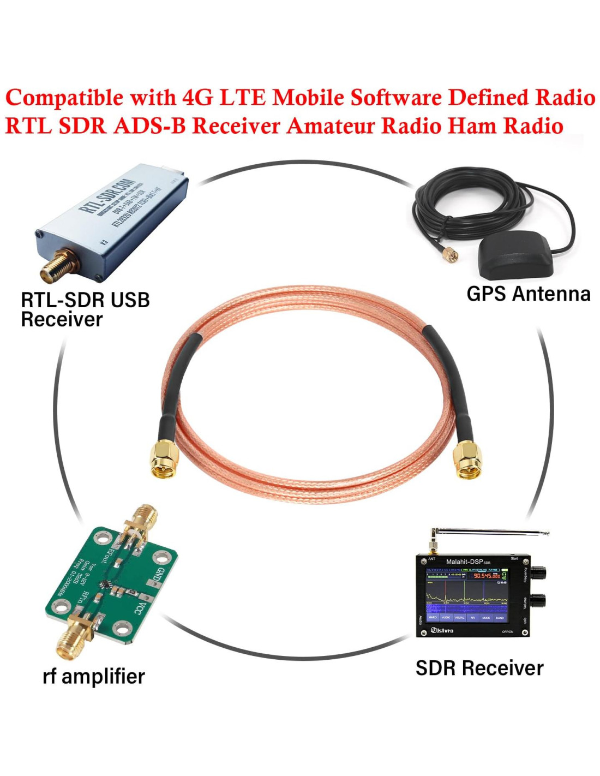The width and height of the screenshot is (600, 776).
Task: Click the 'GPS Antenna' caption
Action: [x=528, y=294]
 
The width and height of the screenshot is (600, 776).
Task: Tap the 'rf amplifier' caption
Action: [x=93, y=676]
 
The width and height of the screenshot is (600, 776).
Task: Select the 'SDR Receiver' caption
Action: [x=479, y=668]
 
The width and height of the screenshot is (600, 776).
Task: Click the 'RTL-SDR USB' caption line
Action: [x=85, y=300]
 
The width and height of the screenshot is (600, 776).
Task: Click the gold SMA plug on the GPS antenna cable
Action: [x=450, y=254]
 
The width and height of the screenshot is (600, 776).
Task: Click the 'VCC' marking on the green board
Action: [x=140, y=608]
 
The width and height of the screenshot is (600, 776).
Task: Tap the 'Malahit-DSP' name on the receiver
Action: [x=464, y=562]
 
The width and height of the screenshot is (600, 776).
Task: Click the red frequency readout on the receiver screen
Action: [x=487, y=576]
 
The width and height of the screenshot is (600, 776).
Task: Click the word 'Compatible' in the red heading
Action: [x=64, y=98]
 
